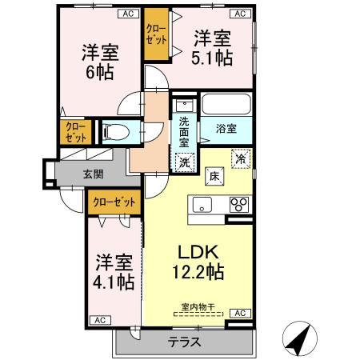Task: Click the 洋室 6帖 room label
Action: point(100,62)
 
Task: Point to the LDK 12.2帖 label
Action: point(195,258)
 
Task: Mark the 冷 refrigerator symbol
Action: point(239,159)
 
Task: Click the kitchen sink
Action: point(200,204)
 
